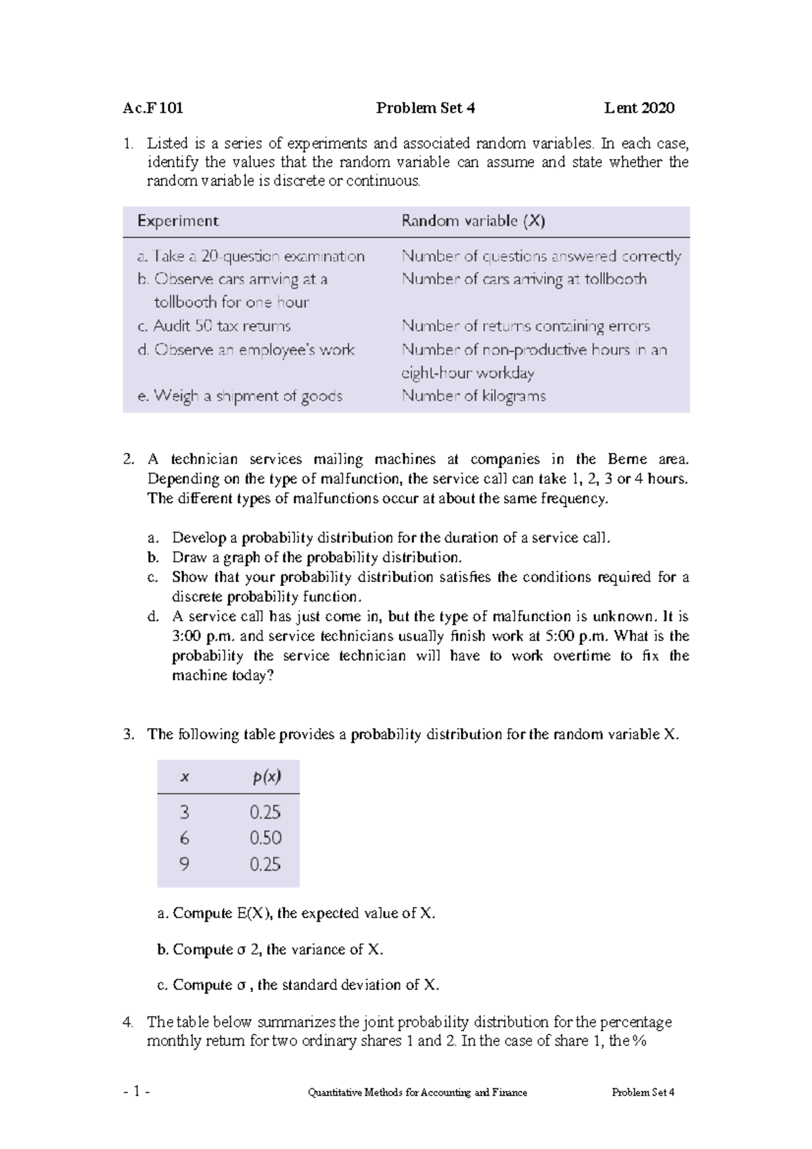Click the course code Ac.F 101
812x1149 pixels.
coord(153,108)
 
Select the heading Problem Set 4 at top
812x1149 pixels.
coord(425,108)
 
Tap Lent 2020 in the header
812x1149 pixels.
coord(639,108)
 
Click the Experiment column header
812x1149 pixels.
coord(177,221)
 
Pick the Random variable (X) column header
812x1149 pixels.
coord(473,221)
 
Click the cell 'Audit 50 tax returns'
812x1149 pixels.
coord(214,326)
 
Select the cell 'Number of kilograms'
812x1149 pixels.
coord(473,396)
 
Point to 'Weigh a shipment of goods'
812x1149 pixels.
coord(240,396)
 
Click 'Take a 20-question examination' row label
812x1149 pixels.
coord(250,256)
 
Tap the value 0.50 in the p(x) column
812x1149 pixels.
coord(265,838)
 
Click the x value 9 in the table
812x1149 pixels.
coord(184,864)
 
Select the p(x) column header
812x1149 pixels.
coord(267,777)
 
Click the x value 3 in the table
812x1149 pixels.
coord(184,812)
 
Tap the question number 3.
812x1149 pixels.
coord(129,735)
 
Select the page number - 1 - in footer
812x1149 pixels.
coord(137,1091)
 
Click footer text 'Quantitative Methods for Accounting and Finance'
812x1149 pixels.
coord(417,1092)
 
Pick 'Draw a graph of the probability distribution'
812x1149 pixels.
coord(317,558)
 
